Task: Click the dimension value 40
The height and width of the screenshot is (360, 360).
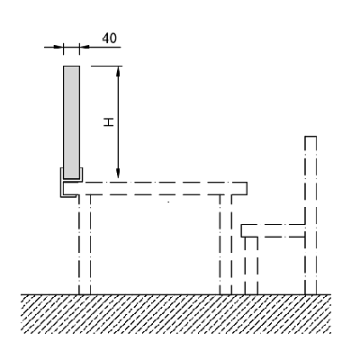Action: coord(110,38)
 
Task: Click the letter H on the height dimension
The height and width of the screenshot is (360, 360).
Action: coord(109,122)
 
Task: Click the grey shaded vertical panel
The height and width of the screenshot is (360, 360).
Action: coord(72,121)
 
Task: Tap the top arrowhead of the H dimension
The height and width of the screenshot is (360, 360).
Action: coord(118,71)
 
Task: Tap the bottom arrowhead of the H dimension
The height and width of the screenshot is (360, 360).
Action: coord(118,173)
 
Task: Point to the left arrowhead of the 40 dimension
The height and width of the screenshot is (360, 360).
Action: coord(58,47)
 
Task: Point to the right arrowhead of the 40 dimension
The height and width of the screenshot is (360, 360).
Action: coord(85,47)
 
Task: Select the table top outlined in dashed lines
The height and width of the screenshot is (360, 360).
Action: coord(156,188)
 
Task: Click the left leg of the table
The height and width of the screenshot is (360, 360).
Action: coord(85,245)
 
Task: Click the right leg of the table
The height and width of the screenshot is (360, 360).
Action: coord(226,245)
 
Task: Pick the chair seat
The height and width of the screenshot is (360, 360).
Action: coord(274,230)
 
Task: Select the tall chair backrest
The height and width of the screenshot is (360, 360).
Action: coord(310,215)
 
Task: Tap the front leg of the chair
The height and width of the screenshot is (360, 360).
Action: coord(251,265)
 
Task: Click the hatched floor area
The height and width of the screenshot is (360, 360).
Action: coord(176,314)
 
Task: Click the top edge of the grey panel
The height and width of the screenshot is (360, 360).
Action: coord(72,67)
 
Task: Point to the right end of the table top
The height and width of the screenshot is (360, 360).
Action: coord(247,188)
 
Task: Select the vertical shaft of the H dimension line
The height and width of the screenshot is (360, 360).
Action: coord(118,122)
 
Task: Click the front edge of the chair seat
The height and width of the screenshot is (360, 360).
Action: coord(242,230)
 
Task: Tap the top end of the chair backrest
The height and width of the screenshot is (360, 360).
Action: coord(310,137)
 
